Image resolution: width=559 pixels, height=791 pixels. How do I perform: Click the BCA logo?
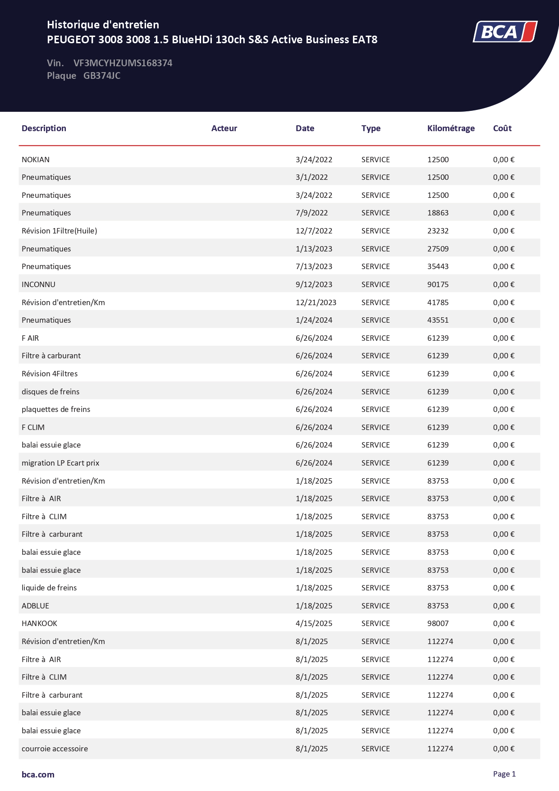click(x=505, y=32)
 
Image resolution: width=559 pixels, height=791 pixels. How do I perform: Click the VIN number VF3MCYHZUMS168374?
click(x=123, y=63)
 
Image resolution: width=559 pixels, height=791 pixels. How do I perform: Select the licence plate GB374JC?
click(x=102, y=76)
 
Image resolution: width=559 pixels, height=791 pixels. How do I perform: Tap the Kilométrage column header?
click(x=451, y=128)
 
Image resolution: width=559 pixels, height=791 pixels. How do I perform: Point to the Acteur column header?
click(x=224, y=128)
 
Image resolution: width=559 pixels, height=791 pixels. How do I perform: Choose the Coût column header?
click(x=502, y=128)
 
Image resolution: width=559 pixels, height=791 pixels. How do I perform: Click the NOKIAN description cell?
click(x=36, y=160)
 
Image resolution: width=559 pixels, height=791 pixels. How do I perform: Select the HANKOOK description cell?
click(x=39, y=623)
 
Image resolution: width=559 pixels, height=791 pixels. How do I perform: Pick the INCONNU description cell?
click(x=38, y=284)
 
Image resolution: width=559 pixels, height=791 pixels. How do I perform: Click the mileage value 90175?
click(x=438, y=284)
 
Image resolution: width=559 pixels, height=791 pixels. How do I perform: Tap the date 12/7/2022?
click(x=314, y=231)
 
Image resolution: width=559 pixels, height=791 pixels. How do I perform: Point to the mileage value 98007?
click(x=438, y=623)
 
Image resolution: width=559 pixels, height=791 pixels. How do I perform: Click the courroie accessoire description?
click(x=55, y=749)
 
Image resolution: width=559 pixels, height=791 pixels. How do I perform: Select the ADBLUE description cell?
click(x=35, y=606)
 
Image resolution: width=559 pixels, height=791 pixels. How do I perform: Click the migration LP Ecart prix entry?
click(x=60, y=463)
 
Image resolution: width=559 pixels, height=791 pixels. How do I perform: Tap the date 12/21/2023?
click(x=316, y=302)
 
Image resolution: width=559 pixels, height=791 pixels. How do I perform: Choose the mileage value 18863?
click(x=438, y=213)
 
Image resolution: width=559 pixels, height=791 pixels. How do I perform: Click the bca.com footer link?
click(x=38, y=774)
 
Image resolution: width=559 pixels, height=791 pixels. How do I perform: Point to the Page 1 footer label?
click(x=504, y=774)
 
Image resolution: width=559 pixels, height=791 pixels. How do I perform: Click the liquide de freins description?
click(x=49, y=588)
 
